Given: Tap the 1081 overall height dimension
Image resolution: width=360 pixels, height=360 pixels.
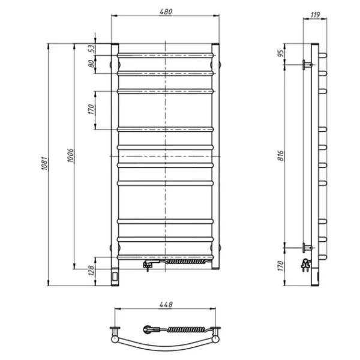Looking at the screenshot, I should click(43, 164).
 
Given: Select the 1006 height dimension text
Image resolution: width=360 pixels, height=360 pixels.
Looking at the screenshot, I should click(70, 157).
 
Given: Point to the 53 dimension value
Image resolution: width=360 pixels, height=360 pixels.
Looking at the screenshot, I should click(92, 49).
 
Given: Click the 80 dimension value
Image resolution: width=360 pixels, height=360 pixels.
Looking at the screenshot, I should click(92, 64).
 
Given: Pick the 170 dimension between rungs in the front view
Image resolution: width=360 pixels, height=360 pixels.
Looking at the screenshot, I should click(92, 109).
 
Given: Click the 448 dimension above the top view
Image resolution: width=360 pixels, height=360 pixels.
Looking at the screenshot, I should click(166, 304).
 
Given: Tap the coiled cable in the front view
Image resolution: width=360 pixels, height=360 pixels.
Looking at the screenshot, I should click(187, 262).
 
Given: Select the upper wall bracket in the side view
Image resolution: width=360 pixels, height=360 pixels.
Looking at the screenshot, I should click(308, 64).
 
